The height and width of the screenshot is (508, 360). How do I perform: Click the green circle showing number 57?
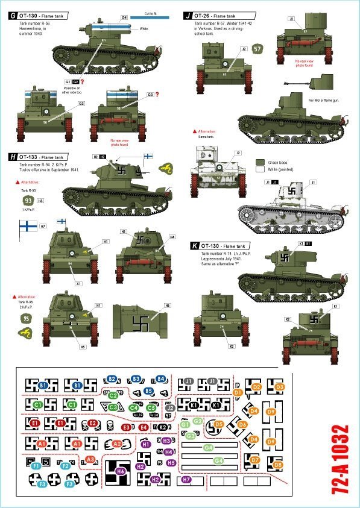click(257, 49)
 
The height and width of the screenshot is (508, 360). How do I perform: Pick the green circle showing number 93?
click(28, 201)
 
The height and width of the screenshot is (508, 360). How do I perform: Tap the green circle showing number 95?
click(26, 319)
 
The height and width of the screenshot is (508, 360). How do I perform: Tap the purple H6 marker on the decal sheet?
click(120, 471)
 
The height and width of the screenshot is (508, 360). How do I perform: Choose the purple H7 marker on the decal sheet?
click(186, 480)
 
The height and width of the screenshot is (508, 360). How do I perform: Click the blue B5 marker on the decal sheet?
click(148, 391)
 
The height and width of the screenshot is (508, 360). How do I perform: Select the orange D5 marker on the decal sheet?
click(219, 424)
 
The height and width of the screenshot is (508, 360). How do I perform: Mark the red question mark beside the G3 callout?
click(157, 95)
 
